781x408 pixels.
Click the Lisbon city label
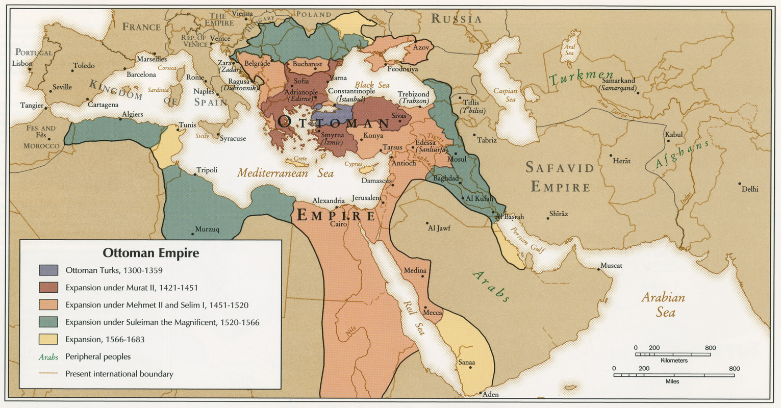[x=22, y=64]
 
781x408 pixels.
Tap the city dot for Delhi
[x=739, y=184]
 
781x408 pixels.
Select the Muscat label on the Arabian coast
[x=611, y=266]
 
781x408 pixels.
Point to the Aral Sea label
[x=570, y=49]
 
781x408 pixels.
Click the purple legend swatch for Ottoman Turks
[x=48, y=270]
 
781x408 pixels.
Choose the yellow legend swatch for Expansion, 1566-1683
[x=48, y=339]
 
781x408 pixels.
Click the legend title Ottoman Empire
[x=150, y=253]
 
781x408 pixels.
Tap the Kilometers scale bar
[x=673, y=354]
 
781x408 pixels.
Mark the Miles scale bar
[x=674, y=375]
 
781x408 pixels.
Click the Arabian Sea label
[x=663, y=304]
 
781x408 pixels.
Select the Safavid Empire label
[x=560, y=177]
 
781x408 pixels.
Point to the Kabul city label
[x=673, y=135]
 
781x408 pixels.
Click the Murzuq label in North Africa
[x=207, y=229]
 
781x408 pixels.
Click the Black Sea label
[x=372, y=85]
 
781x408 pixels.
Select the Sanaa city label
[x=466, y=362]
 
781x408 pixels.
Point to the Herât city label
[x=622, y=161]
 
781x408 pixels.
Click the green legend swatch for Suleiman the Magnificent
[x=48, y=322]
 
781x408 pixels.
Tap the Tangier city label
[x=32, y=106]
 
